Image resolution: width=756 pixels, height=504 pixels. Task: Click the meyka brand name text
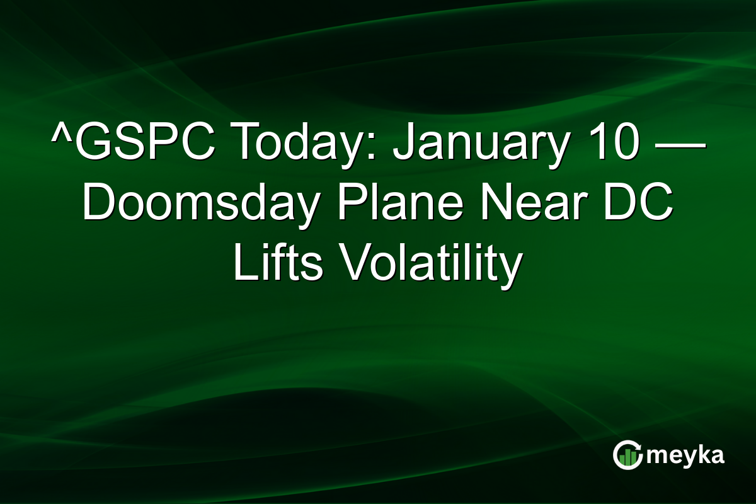pos(687,455)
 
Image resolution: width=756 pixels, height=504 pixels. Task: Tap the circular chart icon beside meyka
pos(628,455)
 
